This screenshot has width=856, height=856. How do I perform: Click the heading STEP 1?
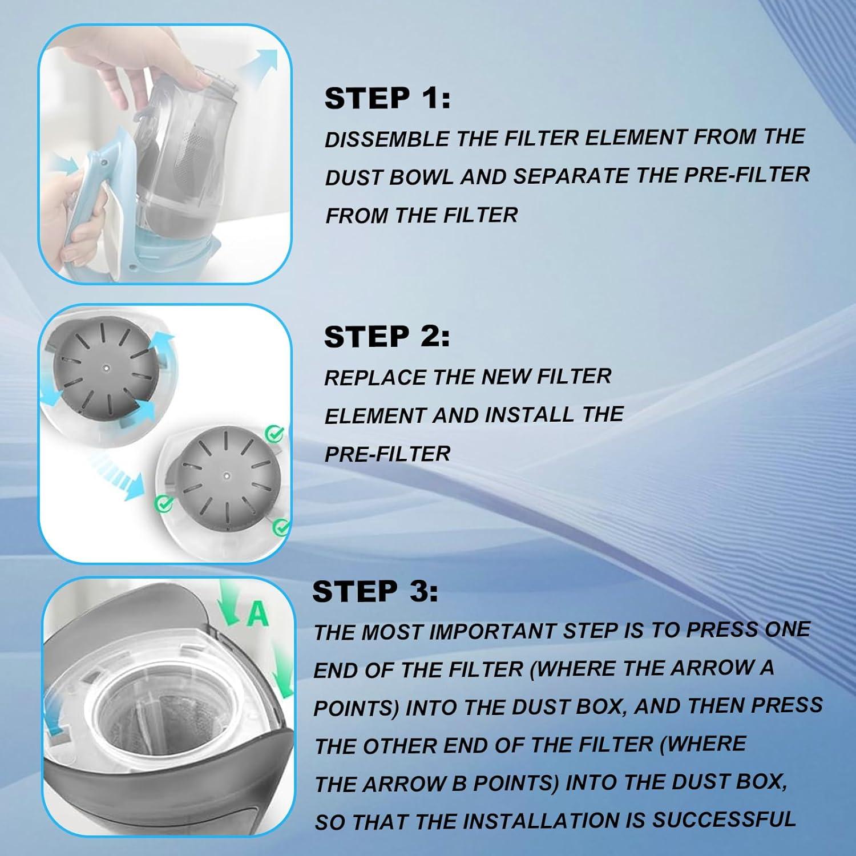(387, 98)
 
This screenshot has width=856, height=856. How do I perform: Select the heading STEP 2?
(386, 337)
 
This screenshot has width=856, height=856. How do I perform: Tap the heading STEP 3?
(375, 591)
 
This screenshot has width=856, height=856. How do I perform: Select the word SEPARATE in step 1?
(572, 176)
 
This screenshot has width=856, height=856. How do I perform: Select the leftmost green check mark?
(164, 503)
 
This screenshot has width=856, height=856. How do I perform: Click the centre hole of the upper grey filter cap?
(106, 368)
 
